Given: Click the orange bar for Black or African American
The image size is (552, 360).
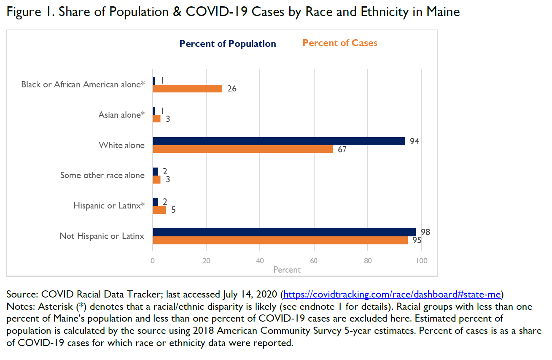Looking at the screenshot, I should coord(187,89).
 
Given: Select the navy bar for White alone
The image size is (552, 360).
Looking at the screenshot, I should coord(279,141).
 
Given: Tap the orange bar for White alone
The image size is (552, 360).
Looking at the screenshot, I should coord(242,149).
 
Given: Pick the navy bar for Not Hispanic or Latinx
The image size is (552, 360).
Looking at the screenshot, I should coord(284,232).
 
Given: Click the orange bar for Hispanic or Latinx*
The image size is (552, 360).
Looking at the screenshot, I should coord(159,210).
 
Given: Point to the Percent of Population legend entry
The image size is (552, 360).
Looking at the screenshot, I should coord(228,44).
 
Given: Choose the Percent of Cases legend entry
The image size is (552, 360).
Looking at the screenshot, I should coord(340,43).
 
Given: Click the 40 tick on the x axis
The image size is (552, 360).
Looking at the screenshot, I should coord(260,261).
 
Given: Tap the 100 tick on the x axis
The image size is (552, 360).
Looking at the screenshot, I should coord(421,261).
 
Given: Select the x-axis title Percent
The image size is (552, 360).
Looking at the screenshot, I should coord(287,270).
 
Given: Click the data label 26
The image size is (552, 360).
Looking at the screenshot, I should coord(232,89).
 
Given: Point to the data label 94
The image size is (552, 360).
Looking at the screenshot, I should coord(415,141).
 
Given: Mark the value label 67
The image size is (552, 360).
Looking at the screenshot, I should coord(342,150).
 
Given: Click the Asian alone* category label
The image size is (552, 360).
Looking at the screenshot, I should coord(121,115).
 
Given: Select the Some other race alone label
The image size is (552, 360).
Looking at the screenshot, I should coord(102,175).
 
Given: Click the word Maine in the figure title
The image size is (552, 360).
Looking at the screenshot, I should coord(443,12).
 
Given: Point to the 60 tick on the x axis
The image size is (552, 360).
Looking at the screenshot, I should coord(314,261).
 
